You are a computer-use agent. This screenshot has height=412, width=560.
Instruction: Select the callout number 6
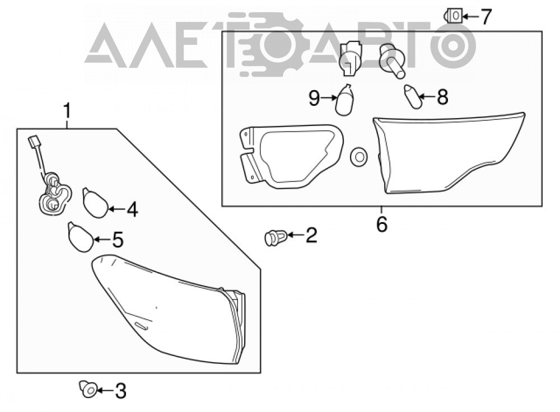tap(382, 224)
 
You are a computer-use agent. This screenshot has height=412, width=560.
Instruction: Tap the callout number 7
tap(486, 17)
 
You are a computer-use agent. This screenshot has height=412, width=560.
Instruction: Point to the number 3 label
tap(120, 391)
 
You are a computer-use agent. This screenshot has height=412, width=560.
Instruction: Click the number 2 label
tap(311, 235)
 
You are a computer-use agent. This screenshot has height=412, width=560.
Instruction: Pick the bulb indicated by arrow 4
tap(95, 203)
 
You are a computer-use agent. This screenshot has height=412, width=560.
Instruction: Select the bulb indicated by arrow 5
tap(81, 237)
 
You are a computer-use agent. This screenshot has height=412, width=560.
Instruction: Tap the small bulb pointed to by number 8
tap(413, 97)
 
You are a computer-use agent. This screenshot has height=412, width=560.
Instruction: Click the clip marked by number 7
tap(453, 16)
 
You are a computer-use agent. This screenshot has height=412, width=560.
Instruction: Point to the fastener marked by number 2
tap(276, 237)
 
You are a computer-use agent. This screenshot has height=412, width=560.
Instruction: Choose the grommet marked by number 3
tap(88, 389)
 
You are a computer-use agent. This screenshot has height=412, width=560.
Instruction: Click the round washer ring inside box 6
tap(359, 156)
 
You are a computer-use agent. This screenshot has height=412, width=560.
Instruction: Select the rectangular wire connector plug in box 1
tap(34, 142)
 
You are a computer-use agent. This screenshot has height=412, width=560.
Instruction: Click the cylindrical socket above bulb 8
tap(392, 60)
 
